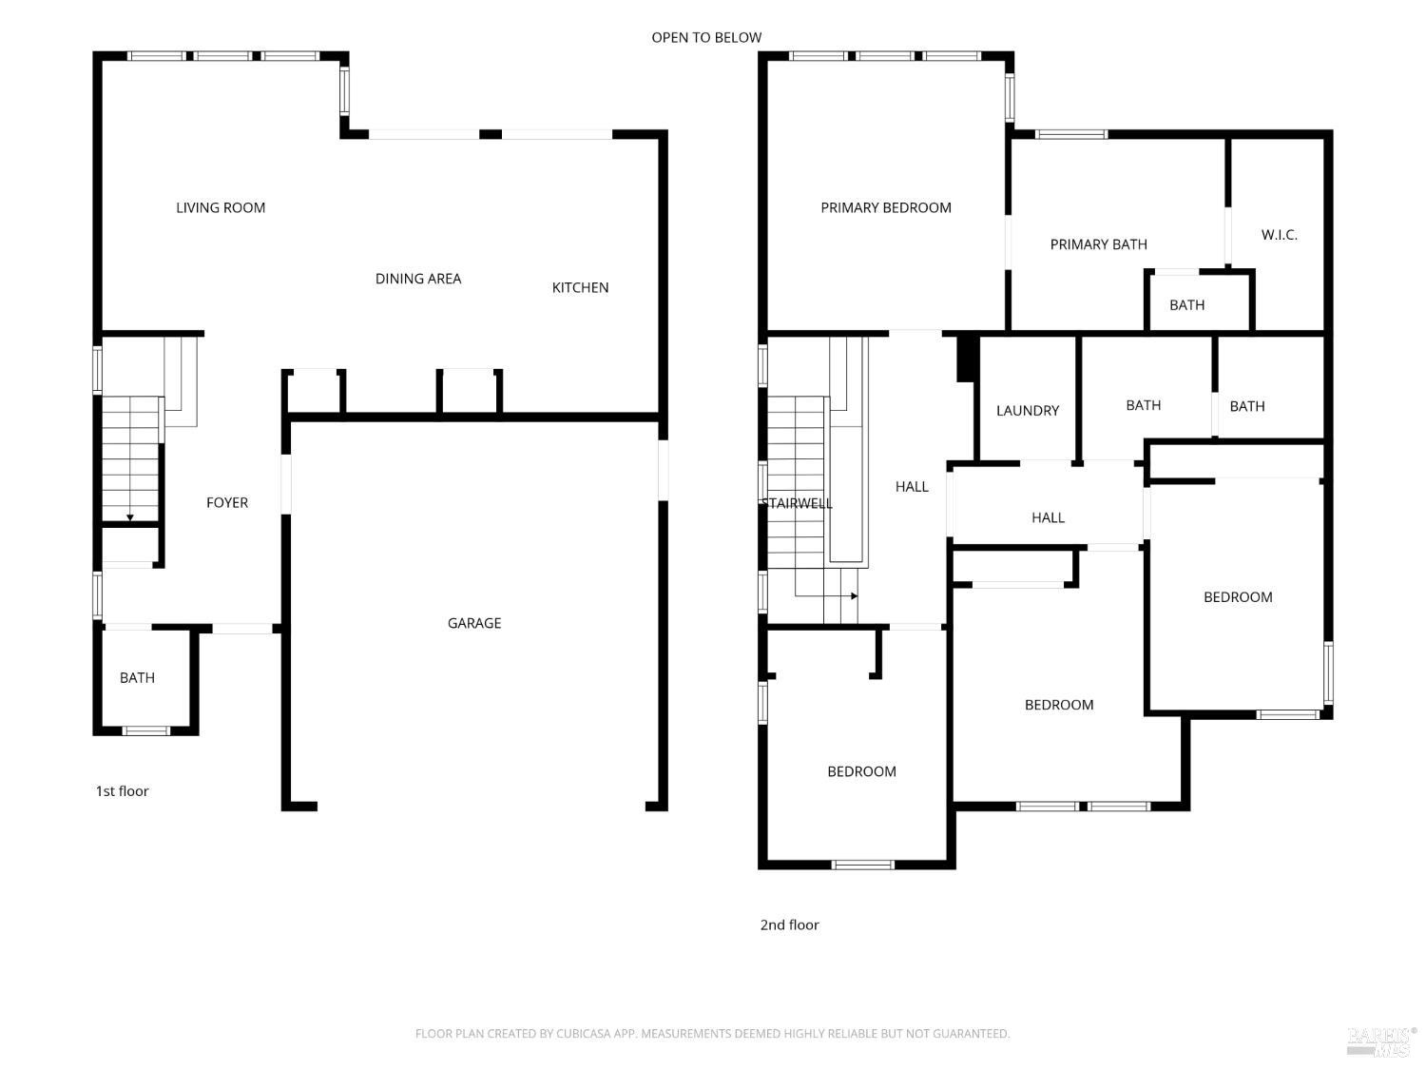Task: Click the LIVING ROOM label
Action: pyautogui.click(x=221, y=207)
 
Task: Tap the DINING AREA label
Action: pyautogui.click(x=418, y=279)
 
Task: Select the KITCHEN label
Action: pyautogui.click(x=580, y=287)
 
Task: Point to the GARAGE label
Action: pyautogui.click(x=474, y=623)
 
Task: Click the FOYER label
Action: pyautogui.click(x=227, y=502)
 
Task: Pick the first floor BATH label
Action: pyautogui.click(x=137, y=678)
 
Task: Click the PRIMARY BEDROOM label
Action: pyautogui.click(x=886, y=207)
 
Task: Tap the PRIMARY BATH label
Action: pyautogui.click(x=1098, y=244)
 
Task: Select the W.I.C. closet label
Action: pyautogui.click(x=1279, y=235)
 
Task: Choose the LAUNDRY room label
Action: pyautogui.click(x=1027, y=411)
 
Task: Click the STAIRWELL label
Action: pyautogui.click(x=797, y=503)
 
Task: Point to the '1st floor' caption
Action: pyautogui.click(x=122, y=791)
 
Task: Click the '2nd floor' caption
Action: pyautogui.click(x=789, y=924)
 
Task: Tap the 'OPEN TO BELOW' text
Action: pyautogui.click(x=706, y=37)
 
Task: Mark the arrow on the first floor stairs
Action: pyautogui.click(x=130, y=516)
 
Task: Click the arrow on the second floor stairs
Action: pyautogui.click(x=854, y=596)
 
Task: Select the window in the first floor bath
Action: pyautogui.click(x=145, y=730)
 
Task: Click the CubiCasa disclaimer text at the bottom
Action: pyautogui.click(x=712, y=1034)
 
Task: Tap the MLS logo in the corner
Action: pyautogui.click(x=1380, y=1041)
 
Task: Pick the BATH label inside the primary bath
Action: pyautogui.click(x=1186, y=305)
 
